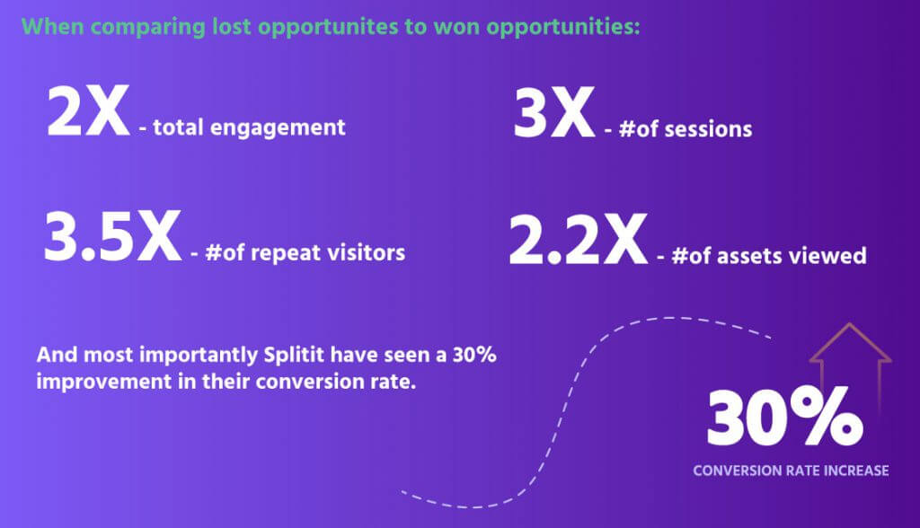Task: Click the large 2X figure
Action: coord(88,110)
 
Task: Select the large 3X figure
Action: coord(554,112)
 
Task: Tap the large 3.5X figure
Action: coord(112,237)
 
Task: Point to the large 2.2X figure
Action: coord(578,240)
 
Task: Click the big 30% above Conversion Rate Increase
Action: coord(784,417)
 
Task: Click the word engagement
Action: coord(278,128)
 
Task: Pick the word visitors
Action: coord(366,253)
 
